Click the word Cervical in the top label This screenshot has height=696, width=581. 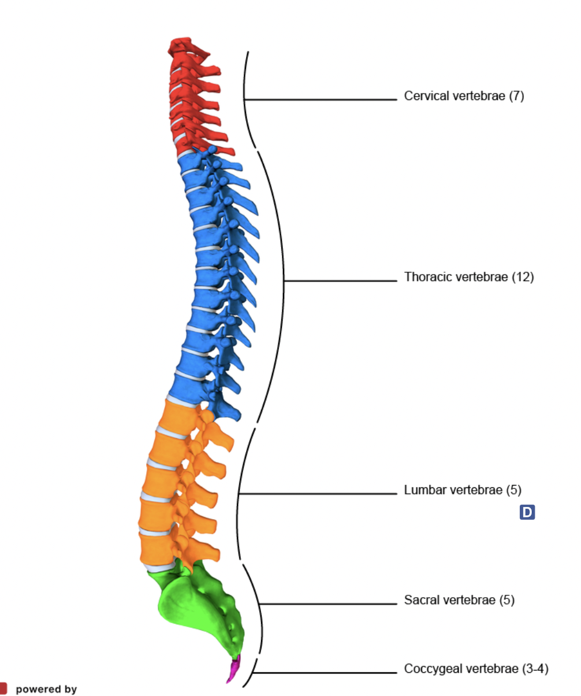tap(423, 96)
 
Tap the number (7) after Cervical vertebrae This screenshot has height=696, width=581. tap(516, 96)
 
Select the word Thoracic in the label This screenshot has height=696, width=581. tap(427, 277)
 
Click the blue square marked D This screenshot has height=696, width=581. tap(527, 512)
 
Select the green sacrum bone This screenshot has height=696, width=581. tap(196, 601)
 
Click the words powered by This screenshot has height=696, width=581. tap(46, 689)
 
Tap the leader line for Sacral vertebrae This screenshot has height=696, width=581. tap(329, 605)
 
